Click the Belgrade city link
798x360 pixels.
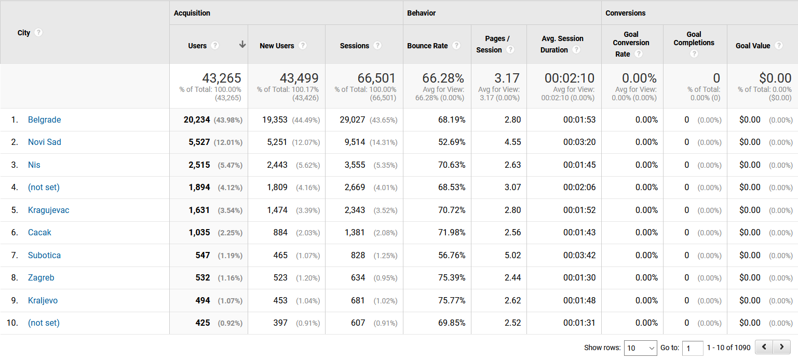[x=44, y=120]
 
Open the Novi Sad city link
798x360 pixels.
[x=44, y=142]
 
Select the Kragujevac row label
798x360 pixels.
[x=48, y=210]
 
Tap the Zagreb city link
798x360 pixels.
[x=41, y=278]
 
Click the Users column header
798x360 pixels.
[x=197, y=46]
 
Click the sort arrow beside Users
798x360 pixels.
[x=242, y=45]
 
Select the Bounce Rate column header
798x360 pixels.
[x=427, y=46]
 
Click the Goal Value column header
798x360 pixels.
[x=753, y=46]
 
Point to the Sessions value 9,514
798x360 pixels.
[x=355, y=142]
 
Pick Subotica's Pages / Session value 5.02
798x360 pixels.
[x=512, y=256]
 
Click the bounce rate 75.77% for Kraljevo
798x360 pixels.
[x=452, y=301]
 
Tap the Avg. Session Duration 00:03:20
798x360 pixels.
[x=579, y=142]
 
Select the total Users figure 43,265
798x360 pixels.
[x=222, y=78]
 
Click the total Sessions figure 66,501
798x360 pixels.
[x=376, y=78]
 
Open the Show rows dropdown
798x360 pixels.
[x=641, y=348]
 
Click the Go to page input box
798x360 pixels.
[x=692, y=348]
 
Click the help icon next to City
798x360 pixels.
[x=38, y=32]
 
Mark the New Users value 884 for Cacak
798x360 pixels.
[x=280, y=233]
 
